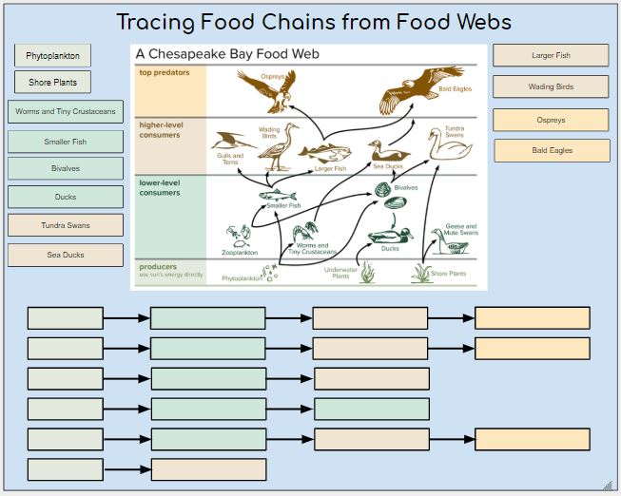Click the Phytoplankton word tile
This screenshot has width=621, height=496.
coord(52,56)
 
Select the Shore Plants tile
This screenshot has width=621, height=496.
coord(52,83)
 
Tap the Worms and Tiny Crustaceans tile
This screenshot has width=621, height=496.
coord(66,112)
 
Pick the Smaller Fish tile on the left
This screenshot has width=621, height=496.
coord(66,142)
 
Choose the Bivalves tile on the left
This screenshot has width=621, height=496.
coord(66,169)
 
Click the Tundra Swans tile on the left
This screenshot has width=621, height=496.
coord(66,225)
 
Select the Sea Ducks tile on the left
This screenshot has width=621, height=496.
coord(66,255)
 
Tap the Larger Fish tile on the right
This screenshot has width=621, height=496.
coord(551,56)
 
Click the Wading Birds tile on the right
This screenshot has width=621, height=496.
coord(551,86)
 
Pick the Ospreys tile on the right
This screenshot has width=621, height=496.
coord(551,121)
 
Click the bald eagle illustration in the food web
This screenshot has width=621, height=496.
coord(414,86)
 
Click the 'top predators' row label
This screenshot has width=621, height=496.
coord(165,73)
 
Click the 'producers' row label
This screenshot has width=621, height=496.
coord(158,267)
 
